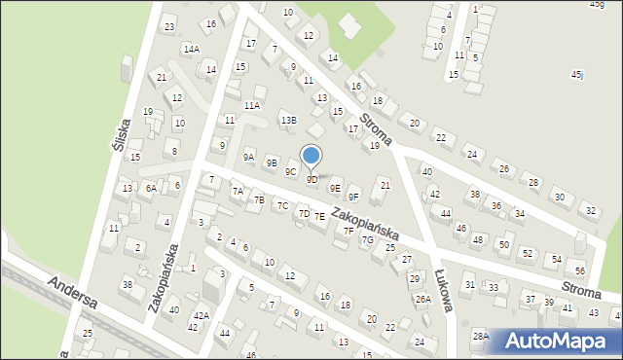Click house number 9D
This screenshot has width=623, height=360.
[x=311, y=180]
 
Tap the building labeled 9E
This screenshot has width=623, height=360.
[x=335, y=189]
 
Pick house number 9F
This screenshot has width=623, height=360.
[x=354, y=198]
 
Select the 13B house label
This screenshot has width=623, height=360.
[x=288, y=120]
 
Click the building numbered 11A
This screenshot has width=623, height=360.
[x=252, y=105]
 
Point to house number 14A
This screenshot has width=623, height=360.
[x=192, y=49]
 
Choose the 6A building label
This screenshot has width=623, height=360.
[x=150, y=188]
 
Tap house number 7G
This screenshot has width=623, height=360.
[x=367, y=239]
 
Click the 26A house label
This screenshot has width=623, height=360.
[x=422, y=299]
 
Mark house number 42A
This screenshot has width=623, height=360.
[x=201, y=315]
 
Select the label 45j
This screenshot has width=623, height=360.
[x=577, y=74]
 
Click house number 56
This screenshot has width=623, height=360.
[x=580, y=271]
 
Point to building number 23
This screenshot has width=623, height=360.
[x=169, y=27]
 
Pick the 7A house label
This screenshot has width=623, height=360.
[x=238, y=192]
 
